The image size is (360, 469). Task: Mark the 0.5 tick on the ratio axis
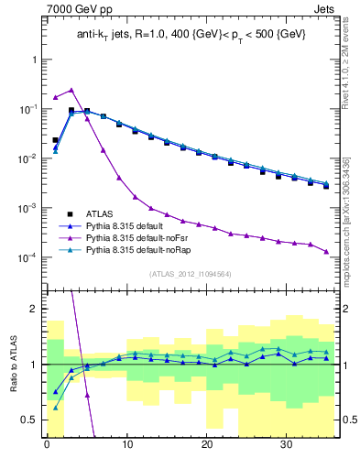[x=30, y=420]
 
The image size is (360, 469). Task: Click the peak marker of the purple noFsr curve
[x=71, y=90]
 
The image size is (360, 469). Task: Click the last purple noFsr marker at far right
[x=325, y=251]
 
